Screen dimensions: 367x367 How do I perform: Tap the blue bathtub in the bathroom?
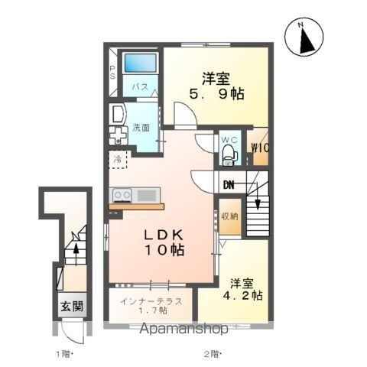point(140,63)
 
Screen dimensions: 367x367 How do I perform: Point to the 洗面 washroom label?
point(141,128)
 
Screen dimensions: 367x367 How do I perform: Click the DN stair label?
point(229,184)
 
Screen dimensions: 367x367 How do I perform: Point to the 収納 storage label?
point(230,216)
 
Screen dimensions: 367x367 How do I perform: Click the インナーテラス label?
point(151,301)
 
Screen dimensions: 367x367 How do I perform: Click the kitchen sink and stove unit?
point(136,194)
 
